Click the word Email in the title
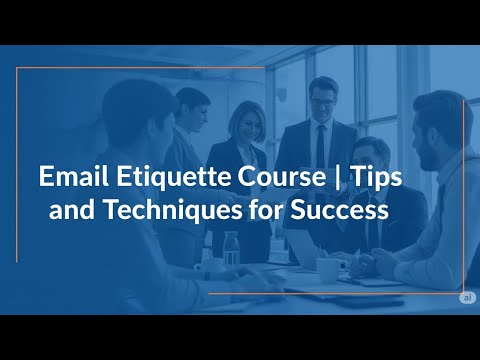tap(68, 178)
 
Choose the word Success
tap(337, 211)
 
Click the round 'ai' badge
tap(466, 297)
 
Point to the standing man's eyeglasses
tap(322, 101)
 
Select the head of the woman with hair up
tap(192, 103)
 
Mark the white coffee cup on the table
tap(327, 268)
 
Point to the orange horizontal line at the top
tap(140, 68)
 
